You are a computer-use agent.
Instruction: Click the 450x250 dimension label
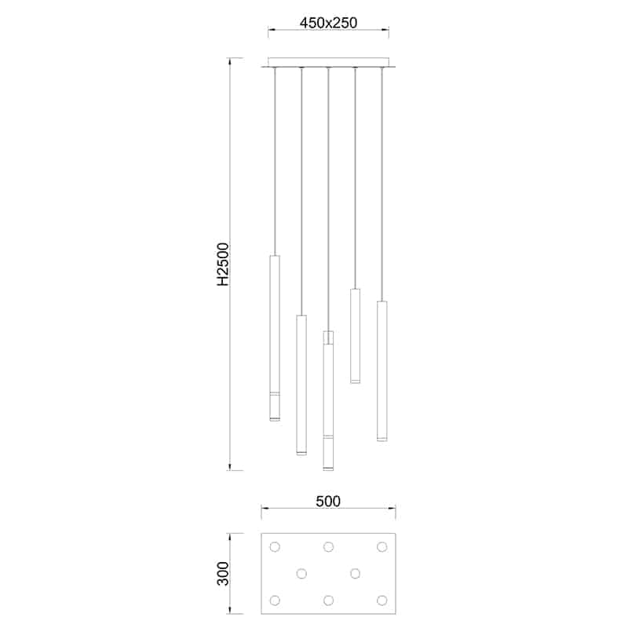pos(328,23)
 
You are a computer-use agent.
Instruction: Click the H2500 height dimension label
pos(223,264)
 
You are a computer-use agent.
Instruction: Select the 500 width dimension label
pos(328,501)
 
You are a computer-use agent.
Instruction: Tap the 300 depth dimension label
pos(223,574)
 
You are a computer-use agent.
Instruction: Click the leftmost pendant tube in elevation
pos(275,338)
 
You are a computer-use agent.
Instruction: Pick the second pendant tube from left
pos(301,385)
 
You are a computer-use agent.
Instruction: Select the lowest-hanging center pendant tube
pos(328,407)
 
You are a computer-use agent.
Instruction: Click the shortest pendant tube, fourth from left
pos(355,336)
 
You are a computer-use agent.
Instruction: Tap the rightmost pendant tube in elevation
pos(382,371)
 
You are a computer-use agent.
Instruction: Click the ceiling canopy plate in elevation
pos(328,63)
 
